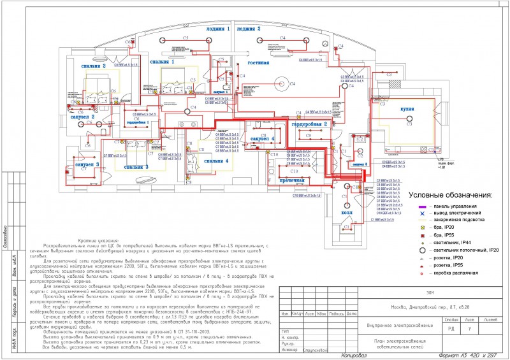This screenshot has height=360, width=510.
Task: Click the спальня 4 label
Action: click(211, 161)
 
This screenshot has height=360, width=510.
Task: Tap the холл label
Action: click(347, 213)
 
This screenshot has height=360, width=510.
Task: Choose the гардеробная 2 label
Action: click(310, 124)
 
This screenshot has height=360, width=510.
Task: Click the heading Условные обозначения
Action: click(451, 194)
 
